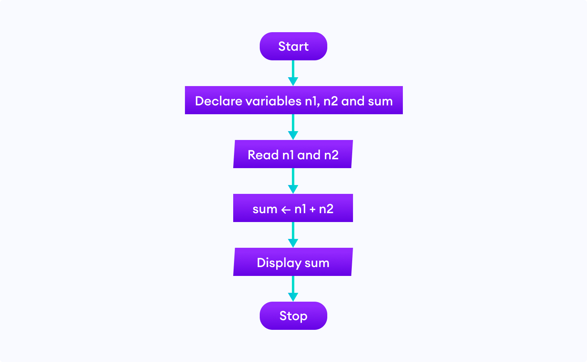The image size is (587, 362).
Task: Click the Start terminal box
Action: coord(293,46)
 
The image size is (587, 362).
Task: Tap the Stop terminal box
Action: coord(293,316)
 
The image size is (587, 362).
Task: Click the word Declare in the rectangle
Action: coord(219,101)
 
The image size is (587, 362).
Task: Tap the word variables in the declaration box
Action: coord(273,101)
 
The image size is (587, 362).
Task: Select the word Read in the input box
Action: coord(263,155)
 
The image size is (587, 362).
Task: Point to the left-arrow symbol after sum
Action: coord(286,210)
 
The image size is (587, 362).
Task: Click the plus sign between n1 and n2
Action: coord(312,210)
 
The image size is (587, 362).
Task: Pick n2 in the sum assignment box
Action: coord(326,209)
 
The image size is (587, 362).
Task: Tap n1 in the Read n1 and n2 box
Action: coord(288,155)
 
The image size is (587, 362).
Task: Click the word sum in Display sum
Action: coord(317,263)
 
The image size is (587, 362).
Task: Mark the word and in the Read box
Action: coord(309,155)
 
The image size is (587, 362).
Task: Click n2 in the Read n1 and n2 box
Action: coord(331,155)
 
